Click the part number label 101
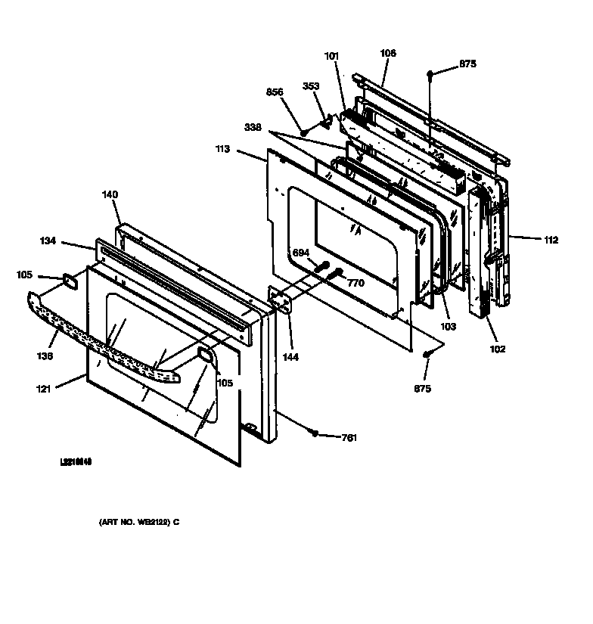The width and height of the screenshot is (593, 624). point(332,55)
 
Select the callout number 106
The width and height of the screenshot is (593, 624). point(387,54)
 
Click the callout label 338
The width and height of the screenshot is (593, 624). point(253,128)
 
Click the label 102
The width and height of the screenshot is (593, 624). point(497,349)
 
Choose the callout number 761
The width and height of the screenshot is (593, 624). point(349,438)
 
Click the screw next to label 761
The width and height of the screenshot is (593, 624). point(314,433)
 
